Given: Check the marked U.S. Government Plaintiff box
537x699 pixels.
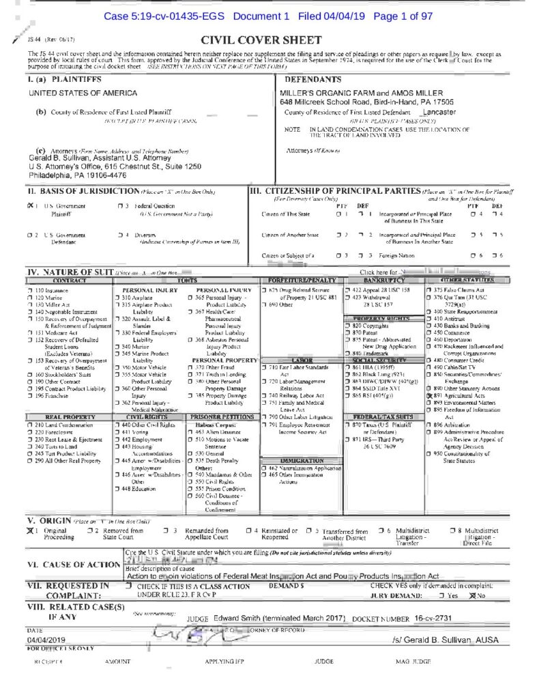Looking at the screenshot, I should pyautogui.click(x=29, y=205).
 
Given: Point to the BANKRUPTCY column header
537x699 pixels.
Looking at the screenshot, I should pyautogui.click(x=379, y=280).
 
